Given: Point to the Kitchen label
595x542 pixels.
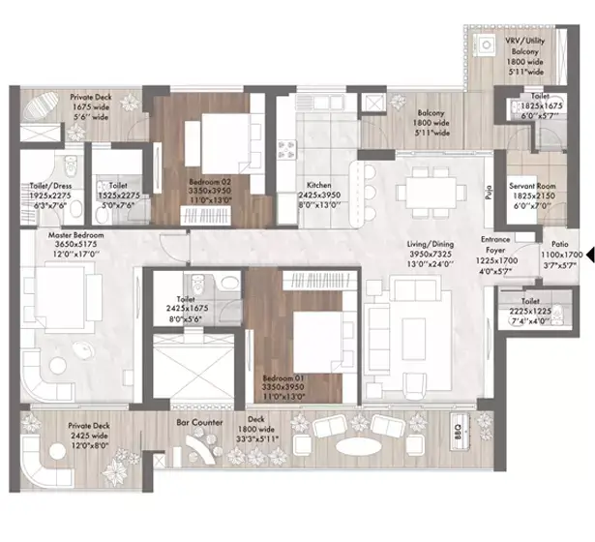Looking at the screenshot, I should (x=319, y=184).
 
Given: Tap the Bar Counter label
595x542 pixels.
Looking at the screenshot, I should (x=199, y=424).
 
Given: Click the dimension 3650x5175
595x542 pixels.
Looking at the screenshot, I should (x=69, y=245).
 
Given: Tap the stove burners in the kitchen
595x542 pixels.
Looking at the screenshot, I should (x=287, y=148).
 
